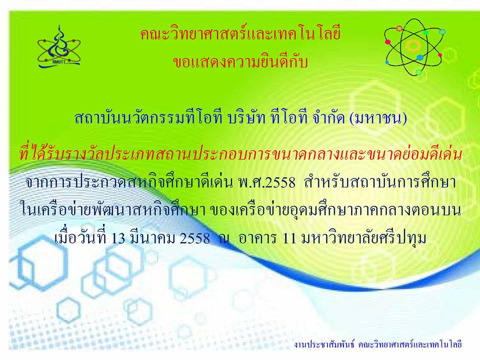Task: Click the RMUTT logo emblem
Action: [x=59, y=47]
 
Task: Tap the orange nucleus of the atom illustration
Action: [x=413, y=46]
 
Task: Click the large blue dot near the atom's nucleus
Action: [x=420, y=57]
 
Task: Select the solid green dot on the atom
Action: [x=425, y=32]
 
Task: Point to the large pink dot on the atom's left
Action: [x=388, y=42]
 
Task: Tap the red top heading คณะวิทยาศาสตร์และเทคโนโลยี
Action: [x=240, y=33]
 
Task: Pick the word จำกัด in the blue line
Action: [x=328, y=118]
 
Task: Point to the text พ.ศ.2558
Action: [x=266, y=183]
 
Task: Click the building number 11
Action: [x=289, y=238]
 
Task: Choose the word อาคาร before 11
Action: [x=257, y=238]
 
